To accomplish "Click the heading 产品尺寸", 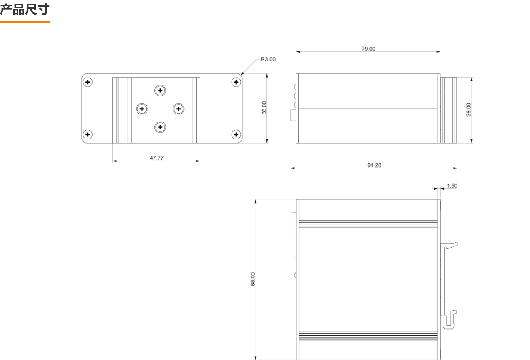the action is click(25, 10).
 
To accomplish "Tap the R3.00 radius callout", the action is click(268, 59).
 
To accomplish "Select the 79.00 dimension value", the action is click(369, 49).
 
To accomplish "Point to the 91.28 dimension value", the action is click(374, 165).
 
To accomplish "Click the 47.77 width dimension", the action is click(156, 158).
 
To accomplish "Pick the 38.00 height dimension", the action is click(264, 108).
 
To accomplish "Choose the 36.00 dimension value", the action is click(469, 109).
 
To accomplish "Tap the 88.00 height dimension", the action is click(253, 279).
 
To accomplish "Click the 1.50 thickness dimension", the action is click(452, 186).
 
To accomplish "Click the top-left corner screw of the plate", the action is click(88, 82).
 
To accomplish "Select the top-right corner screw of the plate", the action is click(236, 82).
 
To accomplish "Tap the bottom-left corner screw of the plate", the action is click(88, 134).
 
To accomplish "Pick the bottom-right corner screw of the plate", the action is click(236, 134).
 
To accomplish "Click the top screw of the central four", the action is click(160, 90).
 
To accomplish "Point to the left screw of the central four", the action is click(142, 109).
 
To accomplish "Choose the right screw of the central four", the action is click(178, 109).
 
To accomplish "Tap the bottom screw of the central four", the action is click(160, 127).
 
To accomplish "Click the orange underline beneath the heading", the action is click(25, 22).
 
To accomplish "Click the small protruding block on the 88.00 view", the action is click(293, 218).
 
